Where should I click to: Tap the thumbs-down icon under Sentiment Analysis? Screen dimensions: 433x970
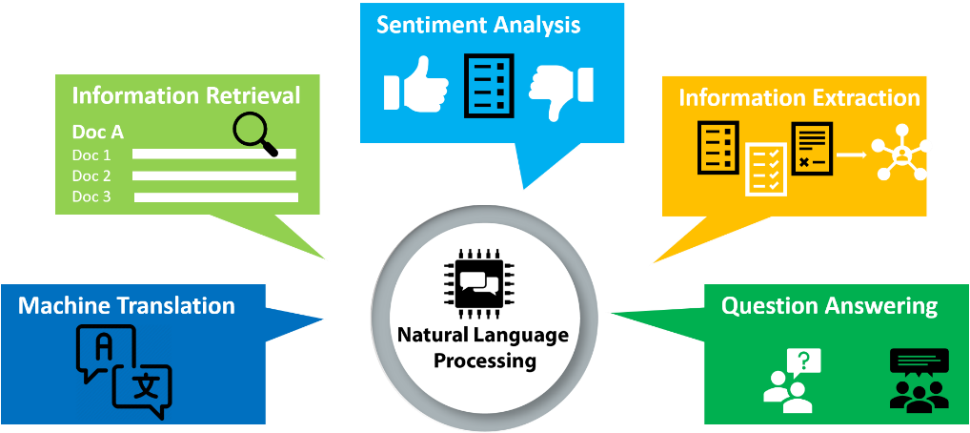tap(561, 88)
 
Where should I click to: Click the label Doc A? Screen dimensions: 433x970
tap(98, 133)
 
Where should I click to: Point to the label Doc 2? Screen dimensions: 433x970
tap(91, 175)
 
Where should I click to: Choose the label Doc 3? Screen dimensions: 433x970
tap(91, 196)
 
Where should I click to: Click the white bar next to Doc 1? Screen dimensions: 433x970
tap(213, 155)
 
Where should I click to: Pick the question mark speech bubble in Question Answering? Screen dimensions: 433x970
tap(805, 361)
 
